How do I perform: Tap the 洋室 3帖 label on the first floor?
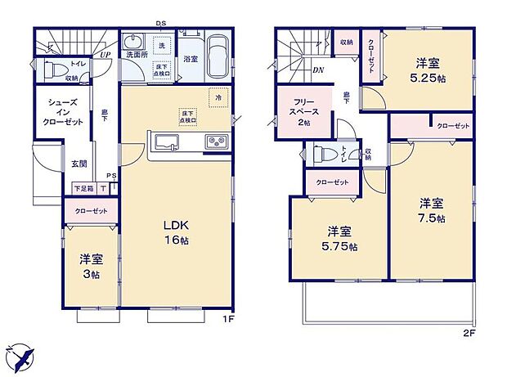tap(91, 266)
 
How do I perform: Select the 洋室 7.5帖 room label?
tap(432, 210)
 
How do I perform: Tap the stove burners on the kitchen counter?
tap(217, 142)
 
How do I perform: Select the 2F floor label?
tap(469, 334)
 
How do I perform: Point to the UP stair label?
tap(105, 55)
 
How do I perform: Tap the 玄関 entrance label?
tap(79, 164)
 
